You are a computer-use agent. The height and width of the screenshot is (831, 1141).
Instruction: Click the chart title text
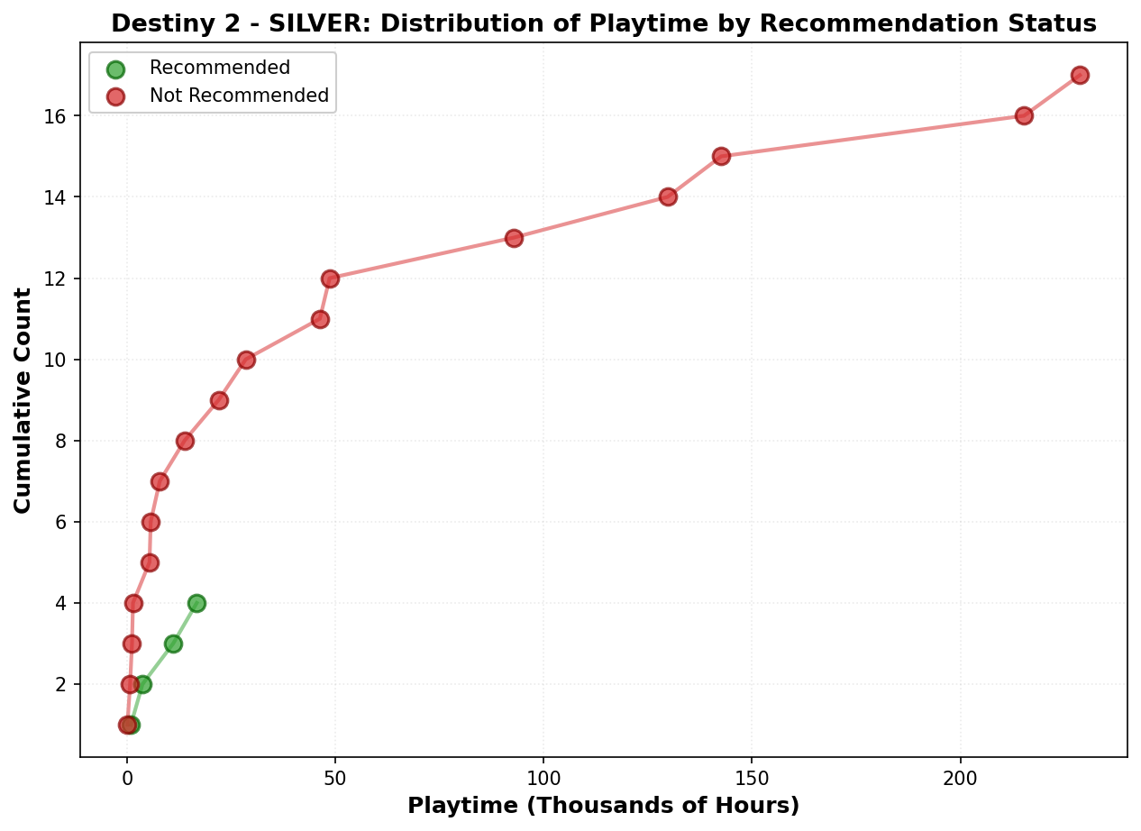(603, 23)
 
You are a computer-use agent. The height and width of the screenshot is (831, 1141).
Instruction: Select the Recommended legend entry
(219, 68)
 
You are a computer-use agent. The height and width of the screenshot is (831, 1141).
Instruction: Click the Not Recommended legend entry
(239, 96)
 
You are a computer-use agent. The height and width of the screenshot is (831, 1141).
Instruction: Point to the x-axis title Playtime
(603, 806)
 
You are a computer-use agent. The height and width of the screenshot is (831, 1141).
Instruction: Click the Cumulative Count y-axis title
(23, 400)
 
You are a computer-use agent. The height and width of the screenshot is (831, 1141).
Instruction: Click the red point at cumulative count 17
(1080, 75)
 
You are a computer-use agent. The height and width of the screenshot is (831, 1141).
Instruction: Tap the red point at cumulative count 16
(1024, 115)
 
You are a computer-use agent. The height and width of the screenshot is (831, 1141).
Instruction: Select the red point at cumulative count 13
(514, 238)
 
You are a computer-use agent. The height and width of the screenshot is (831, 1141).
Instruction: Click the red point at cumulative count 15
(721, 156)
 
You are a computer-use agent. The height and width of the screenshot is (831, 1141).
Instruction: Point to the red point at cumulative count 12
(330, 279)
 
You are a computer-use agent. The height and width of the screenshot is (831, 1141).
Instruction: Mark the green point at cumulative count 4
(196, 603)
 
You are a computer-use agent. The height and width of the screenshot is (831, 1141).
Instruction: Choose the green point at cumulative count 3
(173, 644)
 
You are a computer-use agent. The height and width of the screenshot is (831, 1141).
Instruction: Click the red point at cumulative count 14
(668, 196)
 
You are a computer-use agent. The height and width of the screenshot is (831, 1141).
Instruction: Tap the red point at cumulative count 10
(246, 360)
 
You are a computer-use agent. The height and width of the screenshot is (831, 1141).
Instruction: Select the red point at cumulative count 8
(185, 441)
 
